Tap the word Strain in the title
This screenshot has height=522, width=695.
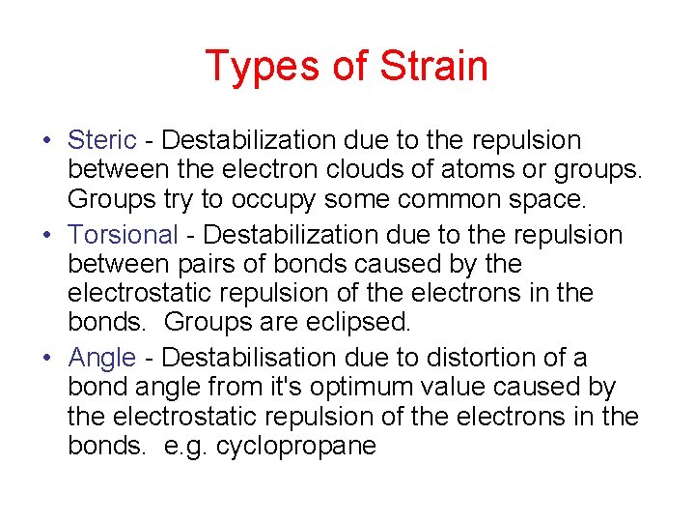(x=433, y=67)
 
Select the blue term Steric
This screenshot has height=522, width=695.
(x=102, y=141)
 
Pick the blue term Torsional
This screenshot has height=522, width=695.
(x=124, y=235)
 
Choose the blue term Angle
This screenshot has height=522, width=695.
(x=102, y=358)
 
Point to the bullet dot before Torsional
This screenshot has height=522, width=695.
(x=47, y=236)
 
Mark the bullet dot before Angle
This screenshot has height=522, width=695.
(x=47, y=359)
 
